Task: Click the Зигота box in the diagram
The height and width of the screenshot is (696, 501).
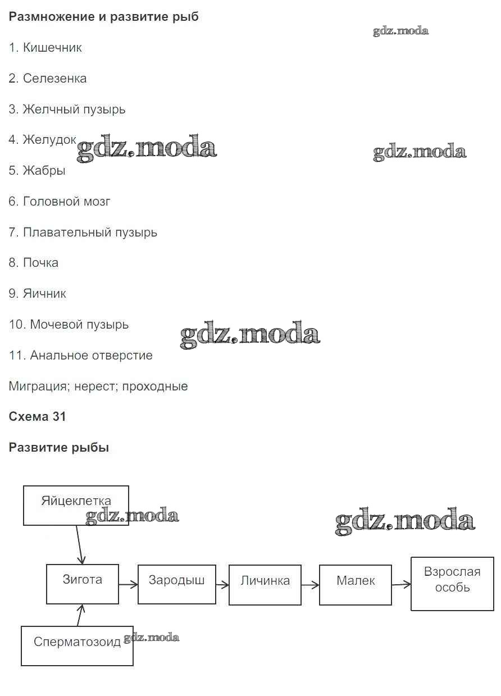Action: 83,584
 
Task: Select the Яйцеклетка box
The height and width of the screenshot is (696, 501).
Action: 76,506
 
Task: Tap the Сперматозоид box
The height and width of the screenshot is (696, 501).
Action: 77,646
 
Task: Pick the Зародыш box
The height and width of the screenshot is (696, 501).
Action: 176,585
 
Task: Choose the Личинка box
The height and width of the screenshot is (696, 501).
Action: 265,585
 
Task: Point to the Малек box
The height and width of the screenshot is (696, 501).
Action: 355,585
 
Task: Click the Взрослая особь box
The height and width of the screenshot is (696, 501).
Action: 452,584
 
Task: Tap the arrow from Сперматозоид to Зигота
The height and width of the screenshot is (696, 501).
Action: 81,615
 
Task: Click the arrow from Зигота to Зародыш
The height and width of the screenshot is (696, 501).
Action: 128,584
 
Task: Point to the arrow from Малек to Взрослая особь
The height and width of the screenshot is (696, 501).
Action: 401,585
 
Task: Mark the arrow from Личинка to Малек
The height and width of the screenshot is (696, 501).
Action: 309,585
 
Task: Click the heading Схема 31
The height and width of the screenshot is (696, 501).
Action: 37,417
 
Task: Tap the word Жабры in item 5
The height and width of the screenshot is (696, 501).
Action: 44,171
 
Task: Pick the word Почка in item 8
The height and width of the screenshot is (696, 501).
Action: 40,263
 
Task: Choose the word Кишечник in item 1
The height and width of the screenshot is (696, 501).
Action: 52,48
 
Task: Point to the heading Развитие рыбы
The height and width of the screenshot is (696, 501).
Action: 59,448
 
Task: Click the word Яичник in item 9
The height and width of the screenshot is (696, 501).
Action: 44,294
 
